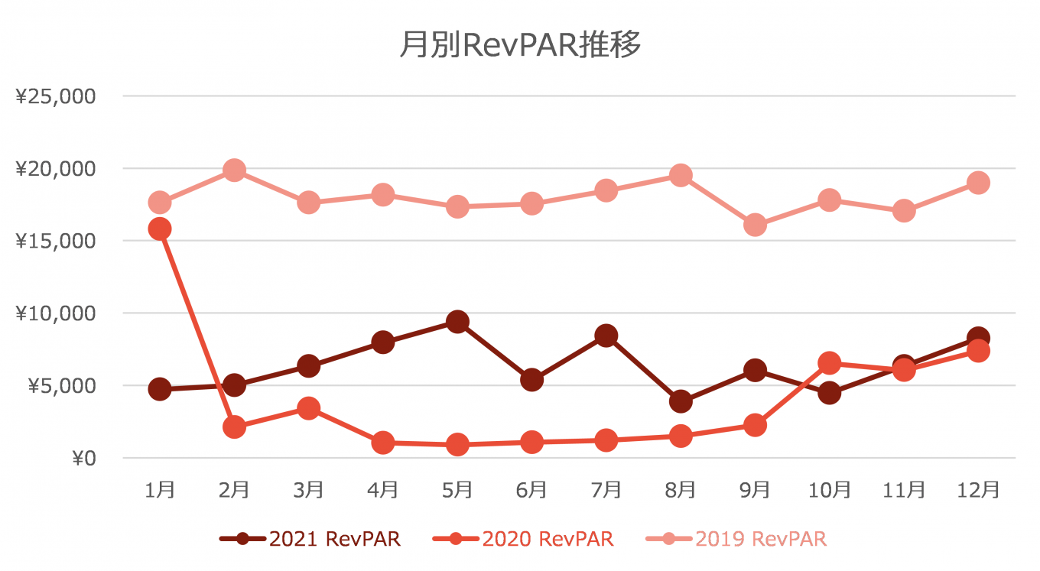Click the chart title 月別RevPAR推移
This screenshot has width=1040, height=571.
click(x=519, y=46)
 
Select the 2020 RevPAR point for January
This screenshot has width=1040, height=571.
click(x=160, y=229)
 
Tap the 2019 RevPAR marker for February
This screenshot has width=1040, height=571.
click(x=234, y=170)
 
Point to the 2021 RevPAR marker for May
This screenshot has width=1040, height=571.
click(x=457, y=322)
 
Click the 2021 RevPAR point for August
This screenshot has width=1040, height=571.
click(x=681, y=401)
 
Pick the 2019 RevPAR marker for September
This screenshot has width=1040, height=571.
click(x=755, y=225)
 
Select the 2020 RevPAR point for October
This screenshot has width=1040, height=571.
click(x=830, y=363)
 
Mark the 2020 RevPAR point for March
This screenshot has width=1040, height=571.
click(x=308, y=408)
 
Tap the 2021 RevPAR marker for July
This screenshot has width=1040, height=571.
click(x=606, y=336)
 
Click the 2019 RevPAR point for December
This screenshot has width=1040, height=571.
click(x=978, y=183)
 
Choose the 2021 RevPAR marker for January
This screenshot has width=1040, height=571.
click(x=160, y=389)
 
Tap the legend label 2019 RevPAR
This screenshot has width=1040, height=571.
click(x=761, y=539)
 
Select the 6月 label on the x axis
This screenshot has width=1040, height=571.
click(x=531, y=489)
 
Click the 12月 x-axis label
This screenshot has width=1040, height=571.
click(x=978, y=489)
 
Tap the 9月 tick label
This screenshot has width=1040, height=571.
click(x=755, y=489)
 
